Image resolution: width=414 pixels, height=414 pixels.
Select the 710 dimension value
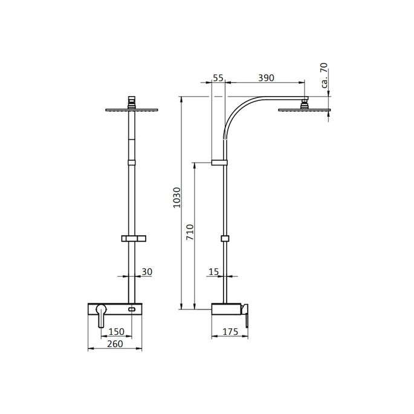189,233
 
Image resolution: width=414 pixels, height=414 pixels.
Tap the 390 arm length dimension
265,78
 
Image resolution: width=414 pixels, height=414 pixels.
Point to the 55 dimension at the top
219,78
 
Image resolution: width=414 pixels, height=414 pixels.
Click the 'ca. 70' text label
325,76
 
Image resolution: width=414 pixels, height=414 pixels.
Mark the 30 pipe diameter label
146,272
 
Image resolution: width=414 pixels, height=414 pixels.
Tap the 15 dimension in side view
213,272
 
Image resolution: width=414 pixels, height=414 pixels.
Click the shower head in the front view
131,109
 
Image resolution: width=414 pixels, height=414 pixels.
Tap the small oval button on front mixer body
132,309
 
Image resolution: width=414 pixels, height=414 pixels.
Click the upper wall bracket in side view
219,163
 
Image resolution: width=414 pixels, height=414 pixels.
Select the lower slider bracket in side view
225,239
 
